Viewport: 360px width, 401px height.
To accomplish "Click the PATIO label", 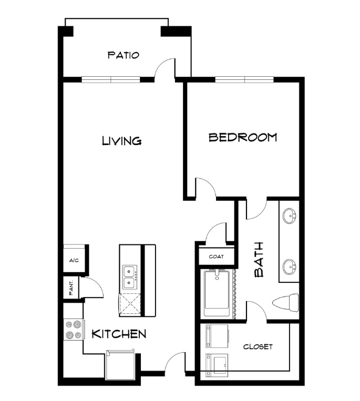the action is [x=123, y=55].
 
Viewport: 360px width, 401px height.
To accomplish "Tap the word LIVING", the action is [x=122, y=141].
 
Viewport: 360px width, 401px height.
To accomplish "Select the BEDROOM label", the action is [x=243, y=137].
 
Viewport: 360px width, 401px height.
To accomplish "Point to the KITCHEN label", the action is [x=119, y=334].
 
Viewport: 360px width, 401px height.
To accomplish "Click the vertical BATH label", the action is [x=259, y=260].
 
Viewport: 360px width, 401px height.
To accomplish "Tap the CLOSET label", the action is [x=258, y=347].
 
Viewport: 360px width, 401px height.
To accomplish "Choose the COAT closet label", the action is [x=217, y=256].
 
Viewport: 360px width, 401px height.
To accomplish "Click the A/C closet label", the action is [x=74, y=261].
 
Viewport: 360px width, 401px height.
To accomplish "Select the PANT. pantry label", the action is [x=71, y=288].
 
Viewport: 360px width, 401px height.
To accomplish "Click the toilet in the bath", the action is [x=286, y=303].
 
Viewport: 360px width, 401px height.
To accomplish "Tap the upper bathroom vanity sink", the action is [x=290, y=215].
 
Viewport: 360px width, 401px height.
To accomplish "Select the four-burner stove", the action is [x=74, y=330].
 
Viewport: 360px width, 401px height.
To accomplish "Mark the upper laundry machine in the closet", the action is [x=217, y=336].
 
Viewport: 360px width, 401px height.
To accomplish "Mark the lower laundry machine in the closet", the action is [x=217, y=365].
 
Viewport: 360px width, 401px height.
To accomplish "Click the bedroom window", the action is [x=244, y=79].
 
